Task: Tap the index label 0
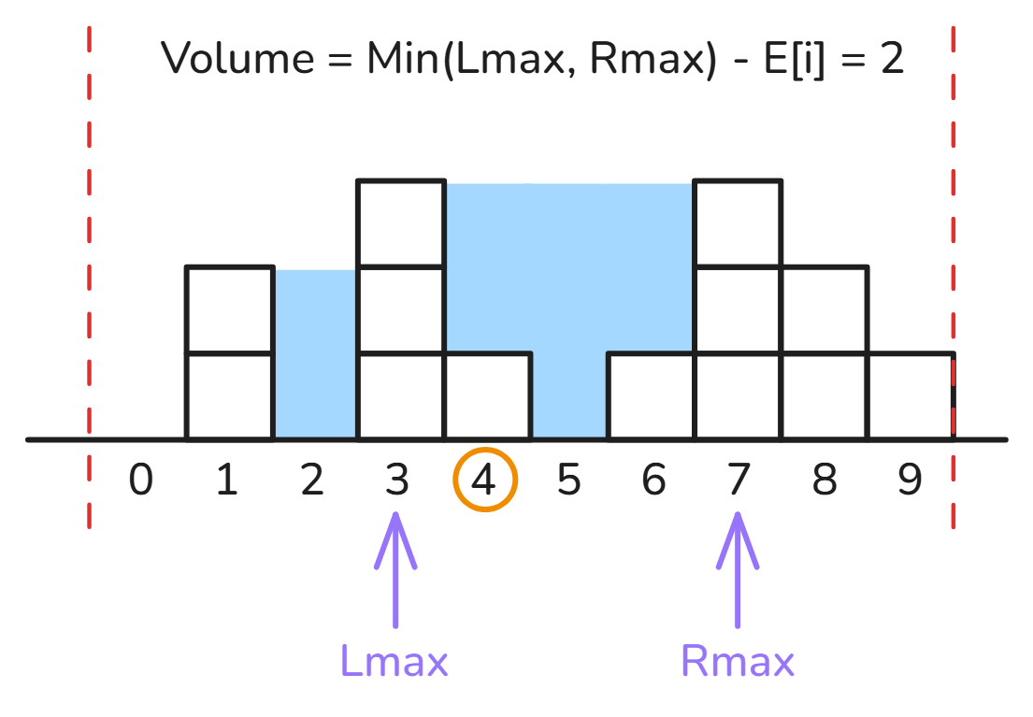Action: [x=141, y=480]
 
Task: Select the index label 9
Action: [x=910, y=480]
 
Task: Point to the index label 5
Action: [x=568, y=480]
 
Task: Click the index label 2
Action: [x=312, y=480]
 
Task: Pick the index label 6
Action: [x=653, y=480]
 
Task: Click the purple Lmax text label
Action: [x=394, y=661]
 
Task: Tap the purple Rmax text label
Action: [x=738, y=661]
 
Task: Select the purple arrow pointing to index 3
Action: [x=395, y=570]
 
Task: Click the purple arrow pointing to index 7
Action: [x=738, y=570]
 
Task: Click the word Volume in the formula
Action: [x=237, y=58]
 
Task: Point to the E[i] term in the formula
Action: [x=794, y=59]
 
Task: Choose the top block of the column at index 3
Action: [x=401, y=223]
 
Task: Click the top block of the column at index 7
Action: [x=738, y=223]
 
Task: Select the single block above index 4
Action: [x=488, y=396]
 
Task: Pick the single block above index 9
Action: [x=911, y=396]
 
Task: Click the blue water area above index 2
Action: [x=316, y=354]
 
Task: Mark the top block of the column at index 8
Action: [x=825, y=310]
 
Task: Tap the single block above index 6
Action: [x=652, y=396]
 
